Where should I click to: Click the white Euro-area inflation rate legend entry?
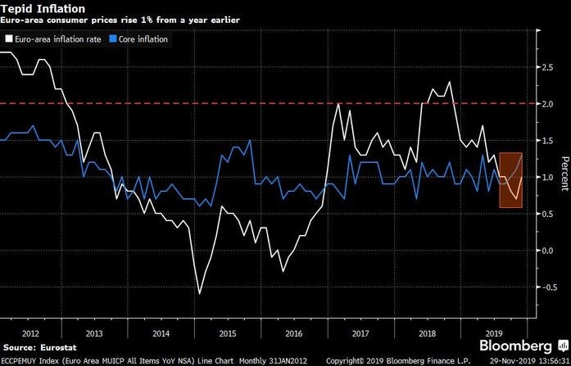pos(54,38)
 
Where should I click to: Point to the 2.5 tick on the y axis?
pos(546,68)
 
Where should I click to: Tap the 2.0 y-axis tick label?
pos(546,104)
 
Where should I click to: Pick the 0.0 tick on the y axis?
pos(546,251)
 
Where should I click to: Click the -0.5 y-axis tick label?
pos(544,287)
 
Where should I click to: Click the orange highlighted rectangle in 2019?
pos(510,180)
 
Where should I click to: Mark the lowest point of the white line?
pos(199,293)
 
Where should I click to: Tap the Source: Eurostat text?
pos(36,347)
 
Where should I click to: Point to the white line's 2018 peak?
pos(450,82)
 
